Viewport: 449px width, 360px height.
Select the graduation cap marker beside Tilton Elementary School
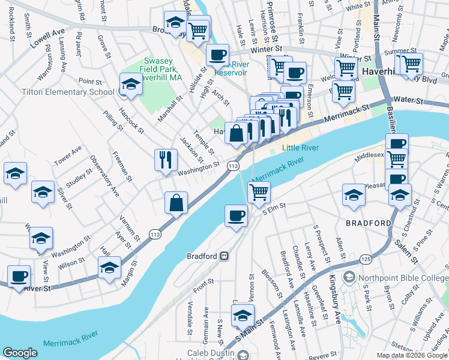pos(131,85)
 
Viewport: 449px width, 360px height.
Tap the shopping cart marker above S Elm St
pos(259,192)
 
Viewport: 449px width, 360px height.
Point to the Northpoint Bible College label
pos(400,278)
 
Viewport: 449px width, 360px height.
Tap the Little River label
pos(299,147)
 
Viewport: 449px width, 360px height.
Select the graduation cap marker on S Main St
pos(242,315)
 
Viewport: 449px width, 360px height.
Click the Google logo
pos(20,353)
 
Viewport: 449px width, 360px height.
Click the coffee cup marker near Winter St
pos(217,55)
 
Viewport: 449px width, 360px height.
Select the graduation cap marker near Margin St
pos(109,268)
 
